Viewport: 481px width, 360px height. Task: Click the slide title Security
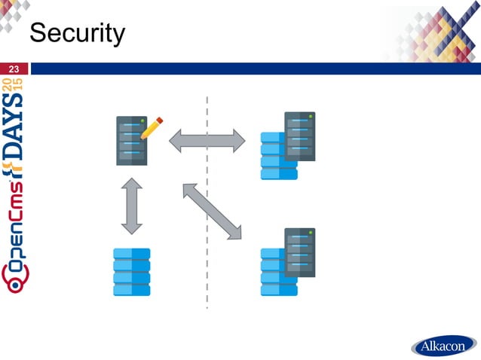(x=76, y=33)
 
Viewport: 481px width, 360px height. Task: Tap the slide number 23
(x=13, y=69)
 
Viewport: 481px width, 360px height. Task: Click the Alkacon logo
(x=443, y=347)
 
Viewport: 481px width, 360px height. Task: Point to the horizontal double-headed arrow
(x=207, y=141)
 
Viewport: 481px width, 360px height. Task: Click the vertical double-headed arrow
(x=132, y=206)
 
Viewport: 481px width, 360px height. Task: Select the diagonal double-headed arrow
(x=212, y=212)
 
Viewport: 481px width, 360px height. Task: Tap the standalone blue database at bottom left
(x=132, y=272)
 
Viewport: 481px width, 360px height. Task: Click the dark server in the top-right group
(x=299, y=136)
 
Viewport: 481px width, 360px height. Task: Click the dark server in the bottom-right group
(x=299, y=252)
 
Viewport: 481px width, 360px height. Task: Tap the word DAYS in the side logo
(x=16, y=143)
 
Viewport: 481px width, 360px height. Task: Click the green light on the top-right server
(x=310, y=117)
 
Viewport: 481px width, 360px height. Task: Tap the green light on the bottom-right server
(x=310, y=233)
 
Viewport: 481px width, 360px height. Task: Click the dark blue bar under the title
(x=256, y=69)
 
